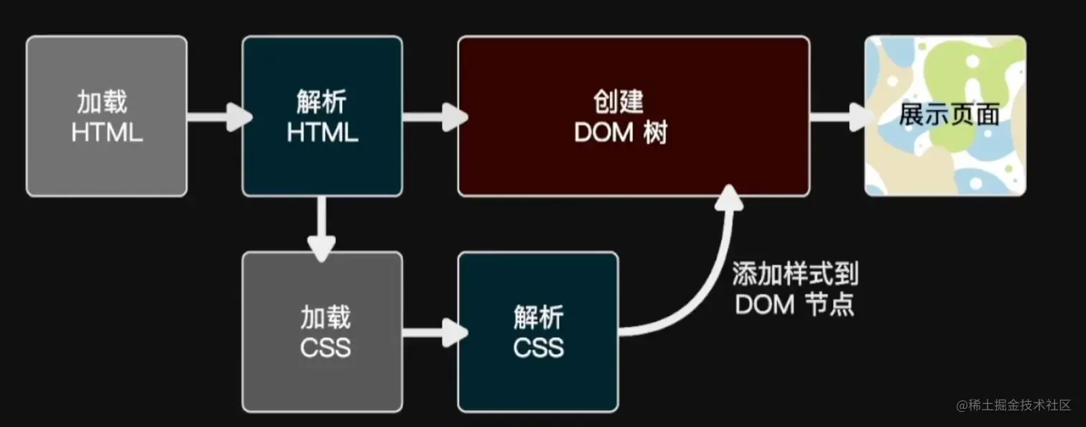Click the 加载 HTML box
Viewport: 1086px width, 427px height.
106,116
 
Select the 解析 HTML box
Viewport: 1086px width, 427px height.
322,116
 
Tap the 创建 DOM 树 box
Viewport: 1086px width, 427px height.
633,116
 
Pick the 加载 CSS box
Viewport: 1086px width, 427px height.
322,332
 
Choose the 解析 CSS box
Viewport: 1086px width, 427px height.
538,332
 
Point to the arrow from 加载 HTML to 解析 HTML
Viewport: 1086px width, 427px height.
215,116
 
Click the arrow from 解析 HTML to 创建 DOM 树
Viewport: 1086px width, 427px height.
431,116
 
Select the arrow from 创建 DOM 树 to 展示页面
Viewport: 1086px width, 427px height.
837,116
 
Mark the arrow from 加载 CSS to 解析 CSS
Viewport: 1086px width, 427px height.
431,332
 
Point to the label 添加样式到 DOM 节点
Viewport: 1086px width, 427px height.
795,289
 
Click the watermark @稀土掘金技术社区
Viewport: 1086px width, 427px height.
1013,405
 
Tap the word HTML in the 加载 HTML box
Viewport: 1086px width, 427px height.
106,133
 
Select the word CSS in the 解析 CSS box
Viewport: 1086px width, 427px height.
538,348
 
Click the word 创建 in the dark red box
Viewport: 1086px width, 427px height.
618,102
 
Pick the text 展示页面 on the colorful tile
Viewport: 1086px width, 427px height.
949,115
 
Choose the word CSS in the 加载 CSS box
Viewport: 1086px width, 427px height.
325,348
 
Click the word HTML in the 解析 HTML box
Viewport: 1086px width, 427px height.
322,133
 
